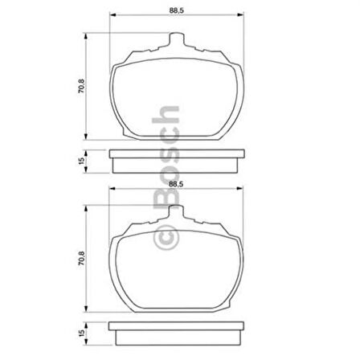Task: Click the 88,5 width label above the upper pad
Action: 179,10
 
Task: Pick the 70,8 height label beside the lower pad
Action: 80,261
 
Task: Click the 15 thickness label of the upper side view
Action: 80,162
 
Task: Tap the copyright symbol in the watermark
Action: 163,239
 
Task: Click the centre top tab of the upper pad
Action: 178,40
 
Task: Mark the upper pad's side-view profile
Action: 178,162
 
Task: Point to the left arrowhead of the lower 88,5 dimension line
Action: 111,191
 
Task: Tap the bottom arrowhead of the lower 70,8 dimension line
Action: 87,313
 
